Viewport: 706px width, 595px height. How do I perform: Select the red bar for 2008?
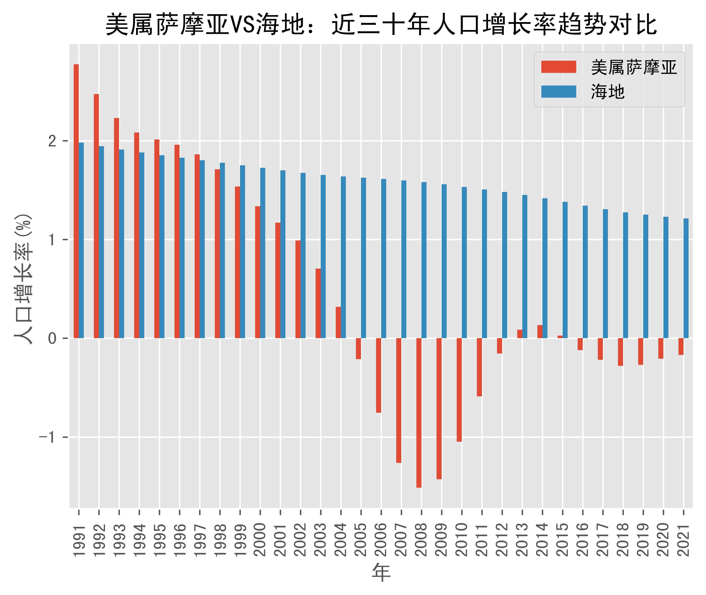(419, 413)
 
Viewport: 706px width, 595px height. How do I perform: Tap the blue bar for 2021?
(686, 278)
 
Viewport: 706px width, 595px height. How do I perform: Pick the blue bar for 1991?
(81, 240)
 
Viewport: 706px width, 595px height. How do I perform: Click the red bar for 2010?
(459, 390)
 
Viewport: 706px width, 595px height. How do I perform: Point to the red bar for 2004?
(338, 322)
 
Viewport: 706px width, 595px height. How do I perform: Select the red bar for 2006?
(378, 375)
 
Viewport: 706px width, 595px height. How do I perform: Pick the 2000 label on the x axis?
(260, 540)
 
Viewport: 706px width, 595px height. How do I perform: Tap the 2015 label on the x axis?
(562, 540)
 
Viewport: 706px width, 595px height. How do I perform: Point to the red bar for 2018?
(620, 352)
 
